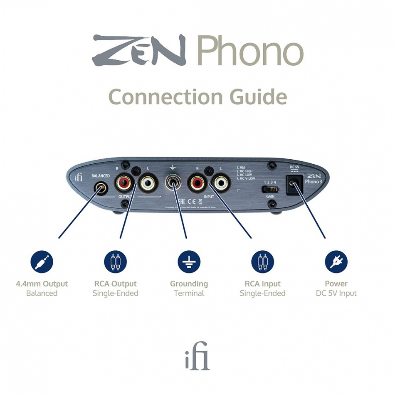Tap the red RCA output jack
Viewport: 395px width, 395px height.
point(124,183)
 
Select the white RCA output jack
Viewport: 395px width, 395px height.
point(147,183)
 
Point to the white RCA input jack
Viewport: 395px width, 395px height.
point(220,183)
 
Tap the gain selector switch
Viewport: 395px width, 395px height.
point(270,189)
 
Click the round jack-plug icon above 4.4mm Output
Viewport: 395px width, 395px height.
point(42,262)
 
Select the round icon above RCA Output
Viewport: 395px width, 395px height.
point(115,262)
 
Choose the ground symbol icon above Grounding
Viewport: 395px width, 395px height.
point(189,262)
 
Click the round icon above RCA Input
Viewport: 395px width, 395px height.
point(262,262)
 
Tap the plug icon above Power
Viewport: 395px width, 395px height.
point(336,262)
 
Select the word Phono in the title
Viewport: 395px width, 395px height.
point(250,52)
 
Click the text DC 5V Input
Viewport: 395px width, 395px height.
point(336,293)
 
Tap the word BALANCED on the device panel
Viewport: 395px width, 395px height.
point(100,176)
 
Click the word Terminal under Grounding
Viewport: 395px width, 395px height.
point(189,293)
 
